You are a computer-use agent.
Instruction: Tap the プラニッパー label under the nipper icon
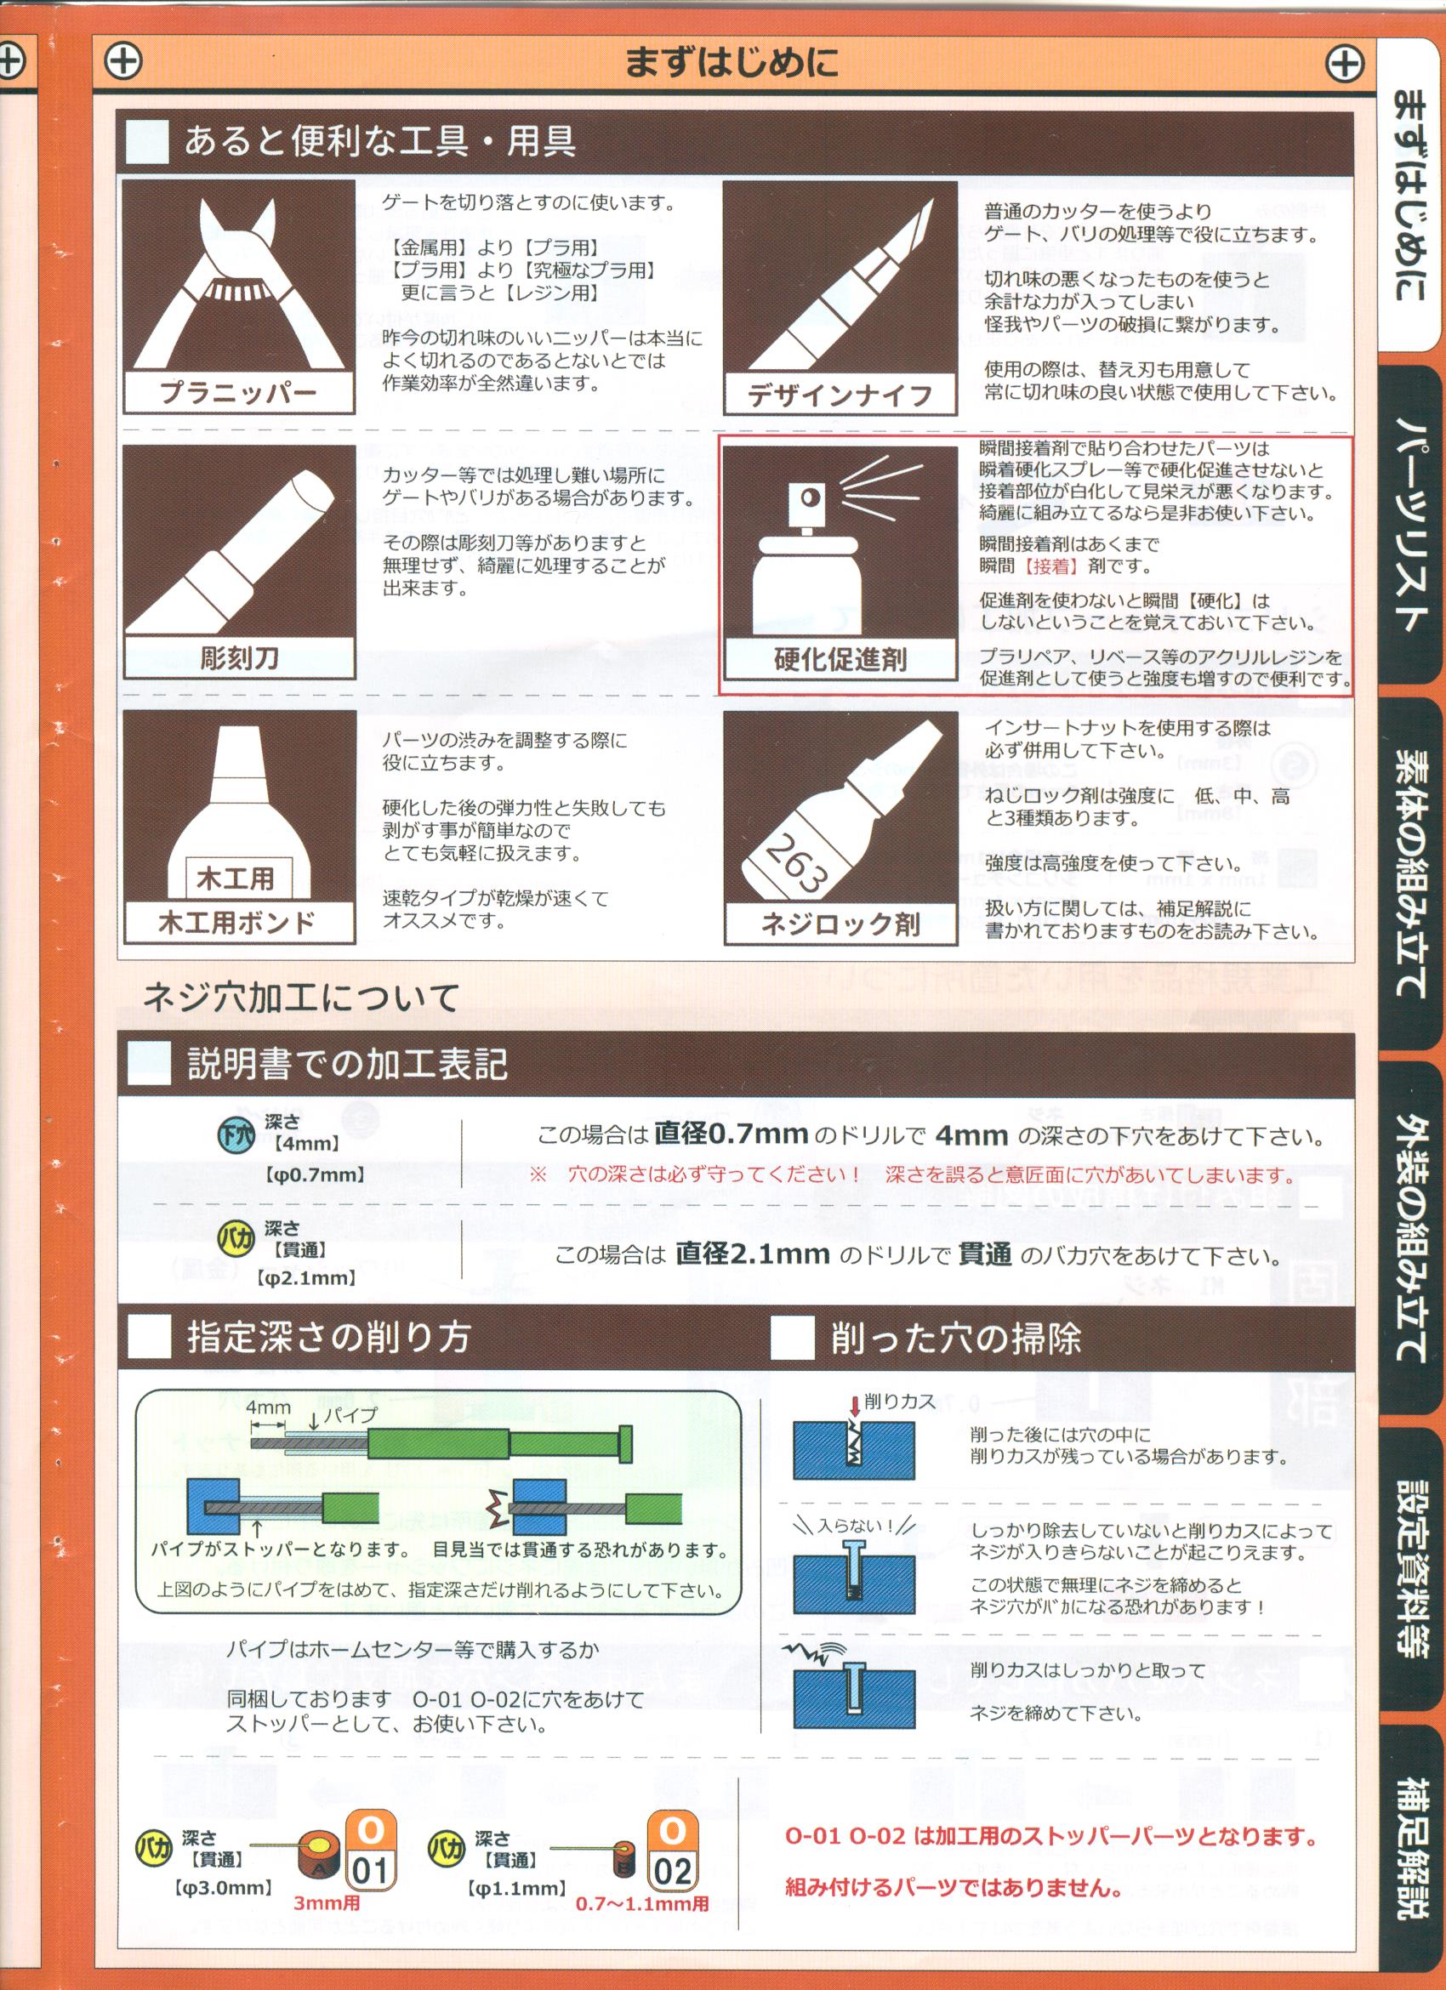[x=239, y=392]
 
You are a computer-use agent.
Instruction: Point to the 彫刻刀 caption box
[x=239, y=657]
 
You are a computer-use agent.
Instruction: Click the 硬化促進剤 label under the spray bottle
[x=840, y=660]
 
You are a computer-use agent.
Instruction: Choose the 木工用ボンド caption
[x=237, y=922]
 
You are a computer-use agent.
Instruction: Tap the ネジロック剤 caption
[x=840, y=924]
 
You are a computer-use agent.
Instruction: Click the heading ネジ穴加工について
[x=301, y=998]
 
